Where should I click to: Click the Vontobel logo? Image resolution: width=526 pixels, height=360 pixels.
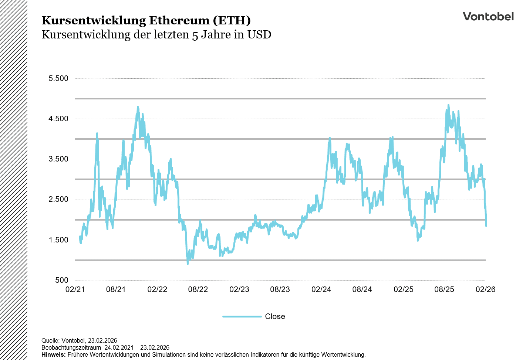(x=488, y=17)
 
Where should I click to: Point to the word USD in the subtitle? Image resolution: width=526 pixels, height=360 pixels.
(x=259, y=35)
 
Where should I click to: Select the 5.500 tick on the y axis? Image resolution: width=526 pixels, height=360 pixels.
(x=58, y=78)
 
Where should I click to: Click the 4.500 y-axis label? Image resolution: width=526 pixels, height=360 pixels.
(x=58, y=119)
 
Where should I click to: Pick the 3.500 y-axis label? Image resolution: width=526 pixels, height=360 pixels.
(x=58, y=159)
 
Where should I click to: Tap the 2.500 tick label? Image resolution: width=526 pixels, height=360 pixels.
(x=58, y=199)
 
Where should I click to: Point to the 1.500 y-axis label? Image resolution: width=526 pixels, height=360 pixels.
(x=58, y=240)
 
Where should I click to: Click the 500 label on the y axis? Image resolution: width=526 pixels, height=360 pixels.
(x=62, y=280)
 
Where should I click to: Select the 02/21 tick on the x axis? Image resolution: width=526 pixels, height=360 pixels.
(x=75, y=289)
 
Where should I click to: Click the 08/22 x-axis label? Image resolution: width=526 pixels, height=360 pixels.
(x=198, y=289)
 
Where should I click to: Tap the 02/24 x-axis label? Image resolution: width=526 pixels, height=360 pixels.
(x=321, y=289)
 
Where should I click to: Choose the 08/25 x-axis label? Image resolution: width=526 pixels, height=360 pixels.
(x=444, y=289)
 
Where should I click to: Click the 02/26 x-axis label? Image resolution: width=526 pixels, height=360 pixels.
(x=485, y=289)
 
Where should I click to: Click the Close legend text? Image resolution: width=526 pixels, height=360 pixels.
(x=275, y=316)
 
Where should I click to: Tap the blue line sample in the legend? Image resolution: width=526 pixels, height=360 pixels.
(x=242, y=316)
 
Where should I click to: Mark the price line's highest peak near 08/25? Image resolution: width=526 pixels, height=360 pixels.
(x=448, y=105)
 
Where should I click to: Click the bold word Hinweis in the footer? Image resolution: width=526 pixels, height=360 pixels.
(x=53, y=354)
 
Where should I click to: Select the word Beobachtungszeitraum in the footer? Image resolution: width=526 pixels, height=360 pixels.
(x=71, y=347)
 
